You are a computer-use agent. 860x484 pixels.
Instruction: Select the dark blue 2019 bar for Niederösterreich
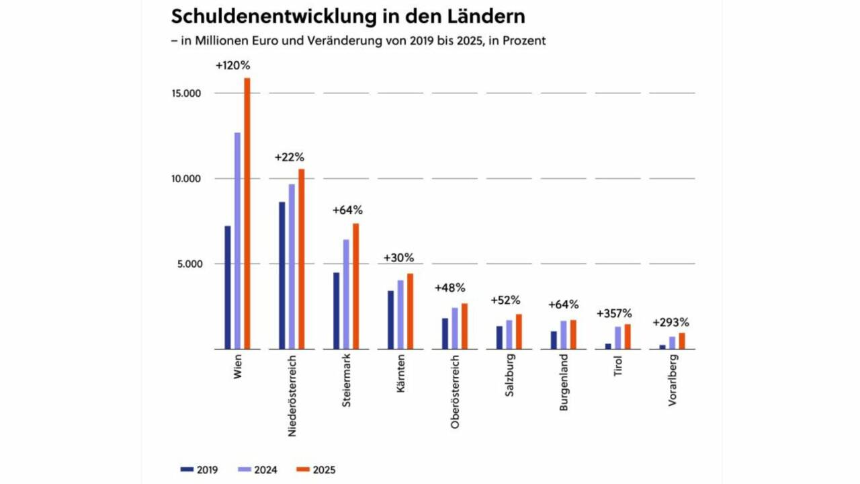click(282, 276)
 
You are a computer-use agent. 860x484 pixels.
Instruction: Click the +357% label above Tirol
click(614, 313)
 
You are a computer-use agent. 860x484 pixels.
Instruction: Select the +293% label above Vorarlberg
click(671, 322)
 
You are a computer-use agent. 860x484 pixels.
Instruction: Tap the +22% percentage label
click(289, 157)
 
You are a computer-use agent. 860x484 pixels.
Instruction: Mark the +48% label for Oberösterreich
click(449, 288)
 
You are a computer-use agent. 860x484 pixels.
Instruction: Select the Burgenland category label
click(564, 382)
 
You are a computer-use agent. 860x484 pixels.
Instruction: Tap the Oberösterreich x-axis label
click(455, 391)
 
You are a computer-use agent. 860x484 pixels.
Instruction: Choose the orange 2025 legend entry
click(316, 470)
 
